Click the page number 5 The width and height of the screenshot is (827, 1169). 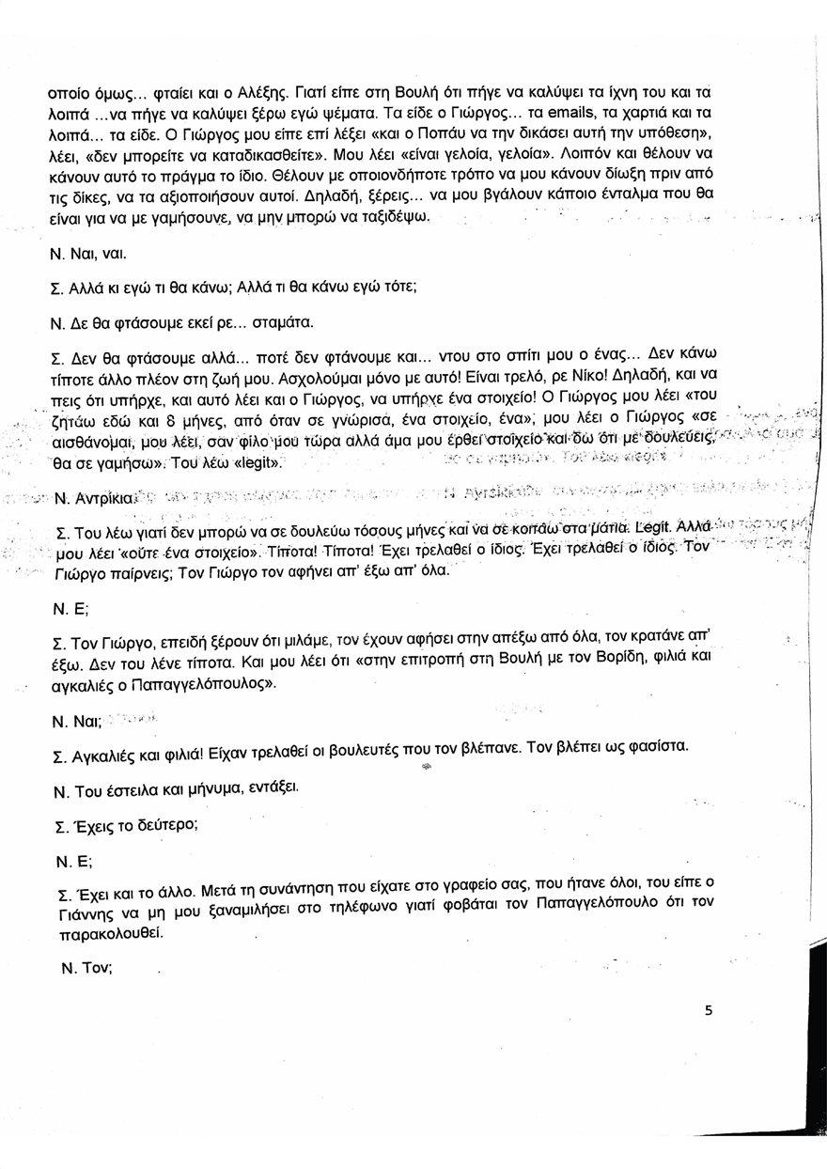[709, 1011]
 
